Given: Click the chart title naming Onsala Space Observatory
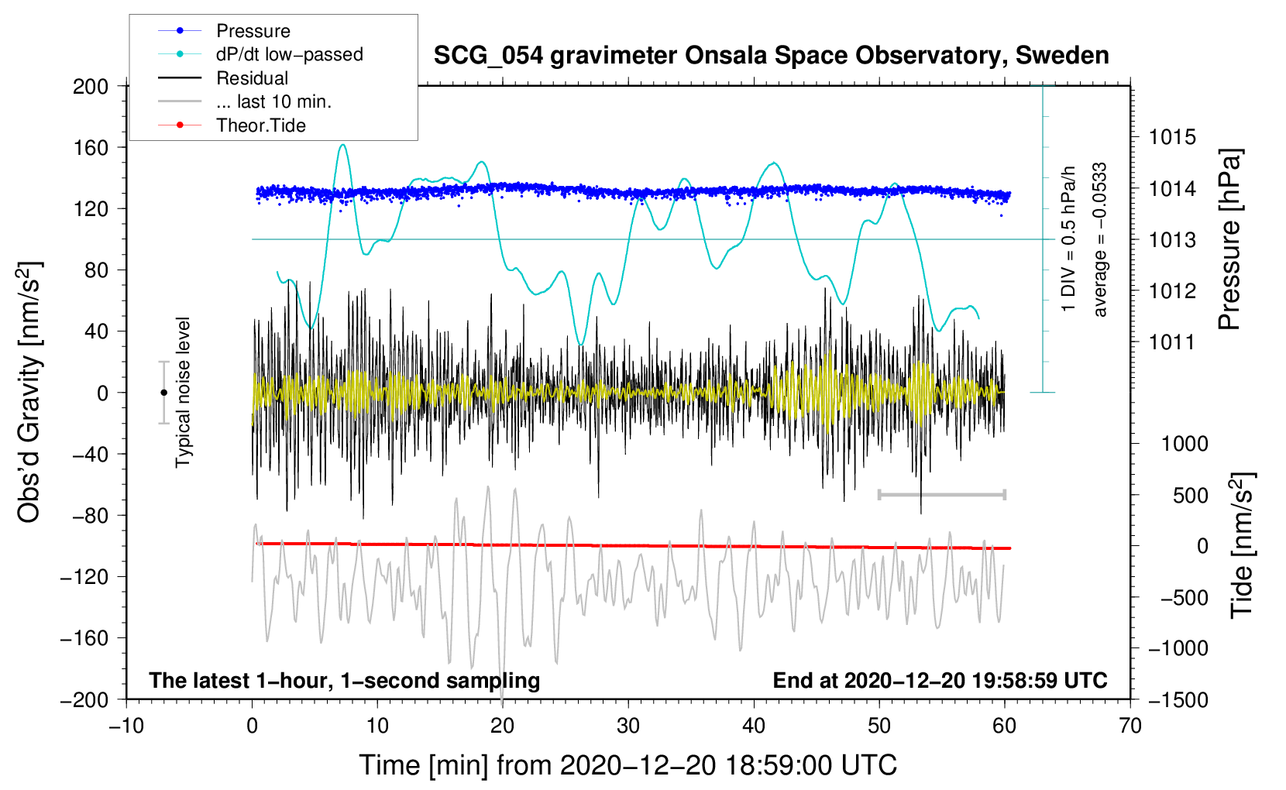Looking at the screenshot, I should pyautogui.click(x=771, y=56).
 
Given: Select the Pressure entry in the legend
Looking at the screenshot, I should pyautogui.click(x=253, y=31).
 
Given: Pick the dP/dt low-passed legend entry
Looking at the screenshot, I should pyautogui.click(x=289, y=54).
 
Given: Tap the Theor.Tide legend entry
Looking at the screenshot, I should pyautogui.click(x=260, y=125).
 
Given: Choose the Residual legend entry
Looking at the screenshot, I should pyautogui.click(x=252, y=78).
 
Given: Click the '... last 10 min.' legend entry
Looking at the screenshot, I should pyautogui.click(x=273, y=101).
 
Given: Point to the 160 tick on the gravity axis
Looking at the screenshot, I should pyautogui.click(x=91, y=147).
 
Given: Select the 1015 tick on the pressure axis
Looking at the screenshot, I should pyautogui.click(x=1172, y=138).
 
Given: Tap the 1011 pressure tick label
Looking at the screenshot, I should pyautogui.click(x=1172, y=342).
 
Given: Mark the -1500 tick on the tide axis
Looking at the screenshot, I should pyautogui.click(x=1178, y=700).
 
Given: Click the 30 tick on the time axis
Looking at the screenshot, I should pyautogui.click(x=628, y=726).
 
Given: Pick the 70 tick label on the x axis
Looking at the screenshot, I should pyautogui.click(x=1130, y=726).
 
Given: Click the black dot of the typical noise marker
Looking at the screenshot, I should pyautogui.click(x=163, y=393).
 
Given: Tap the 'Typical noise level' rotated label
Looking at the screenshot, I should pyautogui.click(x=183, y=393).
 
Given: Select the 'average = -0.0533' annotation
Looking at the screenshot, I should pyautogui.click(x=1100, y=239).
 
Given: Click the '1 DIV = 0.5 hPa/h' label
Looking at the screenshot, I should pyautogui.click(x=1069, y=239).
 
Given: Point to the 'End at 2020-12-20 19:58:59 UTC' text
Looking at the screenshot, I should pyautogui.click(x=940, y=681).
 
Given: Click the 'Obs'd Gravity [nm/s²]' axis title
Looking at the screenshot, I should pyautogui.click(x=29, y=393).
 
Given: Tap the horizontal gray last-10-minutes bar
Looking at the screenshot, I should pyautogui.click(x=941, y=494).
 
